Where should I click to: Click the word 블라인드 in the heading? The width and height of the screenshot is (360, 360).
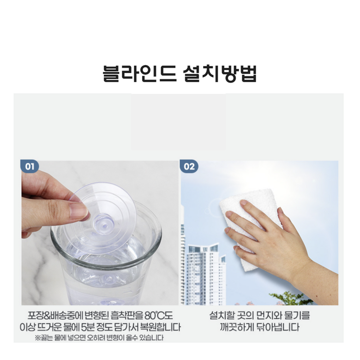click(139, 73)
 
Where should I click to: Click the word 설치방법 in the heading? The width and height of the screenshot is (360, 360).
click(220, 73)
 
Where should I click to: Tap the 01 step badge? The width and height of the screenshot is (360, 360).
click(30, 166)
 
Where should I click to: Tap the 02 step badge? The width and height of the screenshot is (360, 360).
click(189, 166)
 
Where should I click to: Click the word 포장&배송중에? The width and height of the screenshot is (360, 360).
click(55, 316)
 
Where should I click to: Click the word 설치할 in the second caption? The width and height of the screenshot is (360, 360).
click(222, 315)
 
